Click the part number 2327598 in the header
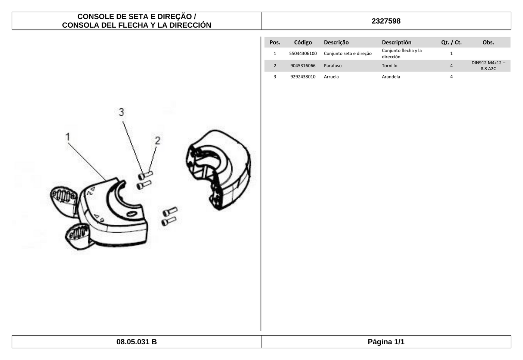click(386, 21)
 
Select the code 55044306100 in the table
click(303, 53)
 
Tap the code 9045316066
click(303, 66)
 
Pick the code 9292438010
click(303, 77)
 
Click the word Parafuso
click(332, 66)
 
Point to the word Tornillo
click(389, 66)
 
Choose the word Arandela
click(391, 77)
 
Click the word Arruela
click(331, 77)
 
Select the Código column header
click(303, 42)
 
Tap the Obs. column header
click(488, 42)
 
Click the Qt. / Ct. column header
click(451, 42)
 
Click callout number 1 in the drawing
click(68, 137)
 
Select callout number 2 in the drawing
click(158, 140)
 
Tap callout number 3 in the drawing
click(121, 112)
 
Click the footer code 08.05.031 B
click(137, 342)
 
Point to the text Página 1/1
click(386, 342)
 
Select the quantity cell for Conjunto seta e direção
click(451, 53)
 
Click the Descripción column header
click(396, 42)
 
